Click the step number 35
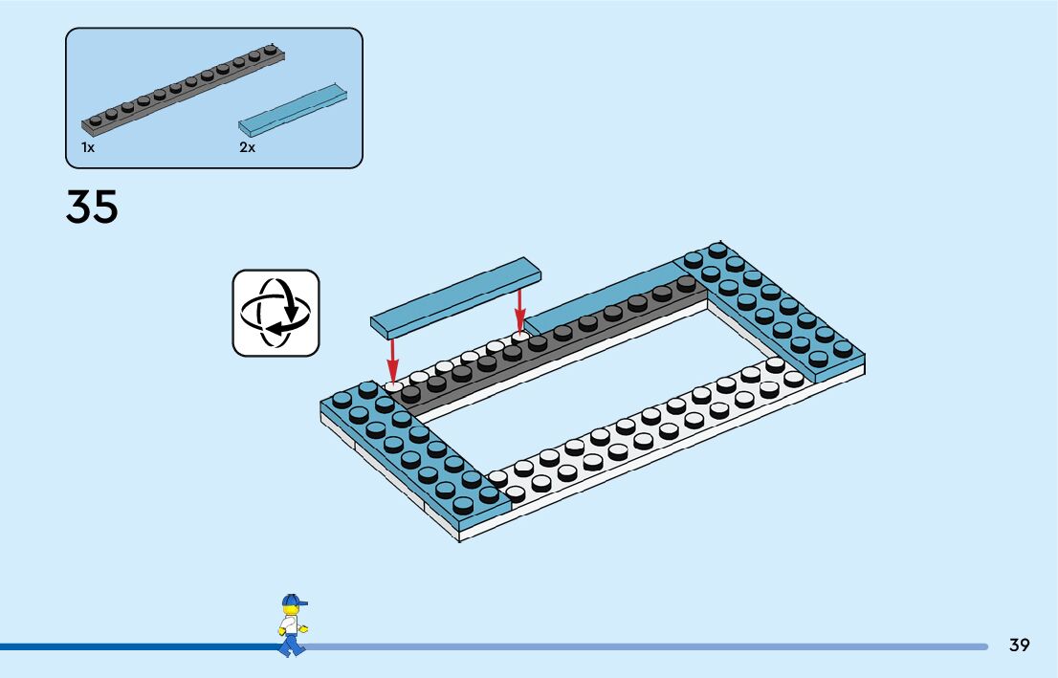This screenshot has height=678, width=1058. tap(92, 208)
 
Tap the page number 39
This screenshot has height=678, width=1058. tap(1019, 645)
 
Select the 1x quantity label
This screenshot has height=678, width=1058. tap(88, 148)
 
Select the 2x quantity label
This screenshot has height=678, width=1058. tap(247, 148)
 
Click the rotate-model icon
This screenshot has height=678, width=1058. tap(276, 313)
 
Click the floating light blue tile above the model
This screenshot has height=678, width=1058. tap(455, 295)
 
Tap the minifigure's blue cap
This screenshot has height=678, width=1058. tap(293, 601)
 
